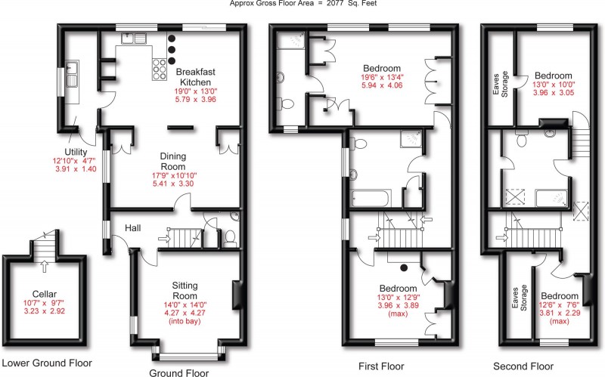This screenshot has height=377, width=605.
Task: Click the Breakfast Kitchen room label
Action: (x=194, y=76)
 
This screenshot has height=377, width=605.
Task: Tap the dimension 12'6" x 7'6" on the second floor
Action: (x=558, y=306)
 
